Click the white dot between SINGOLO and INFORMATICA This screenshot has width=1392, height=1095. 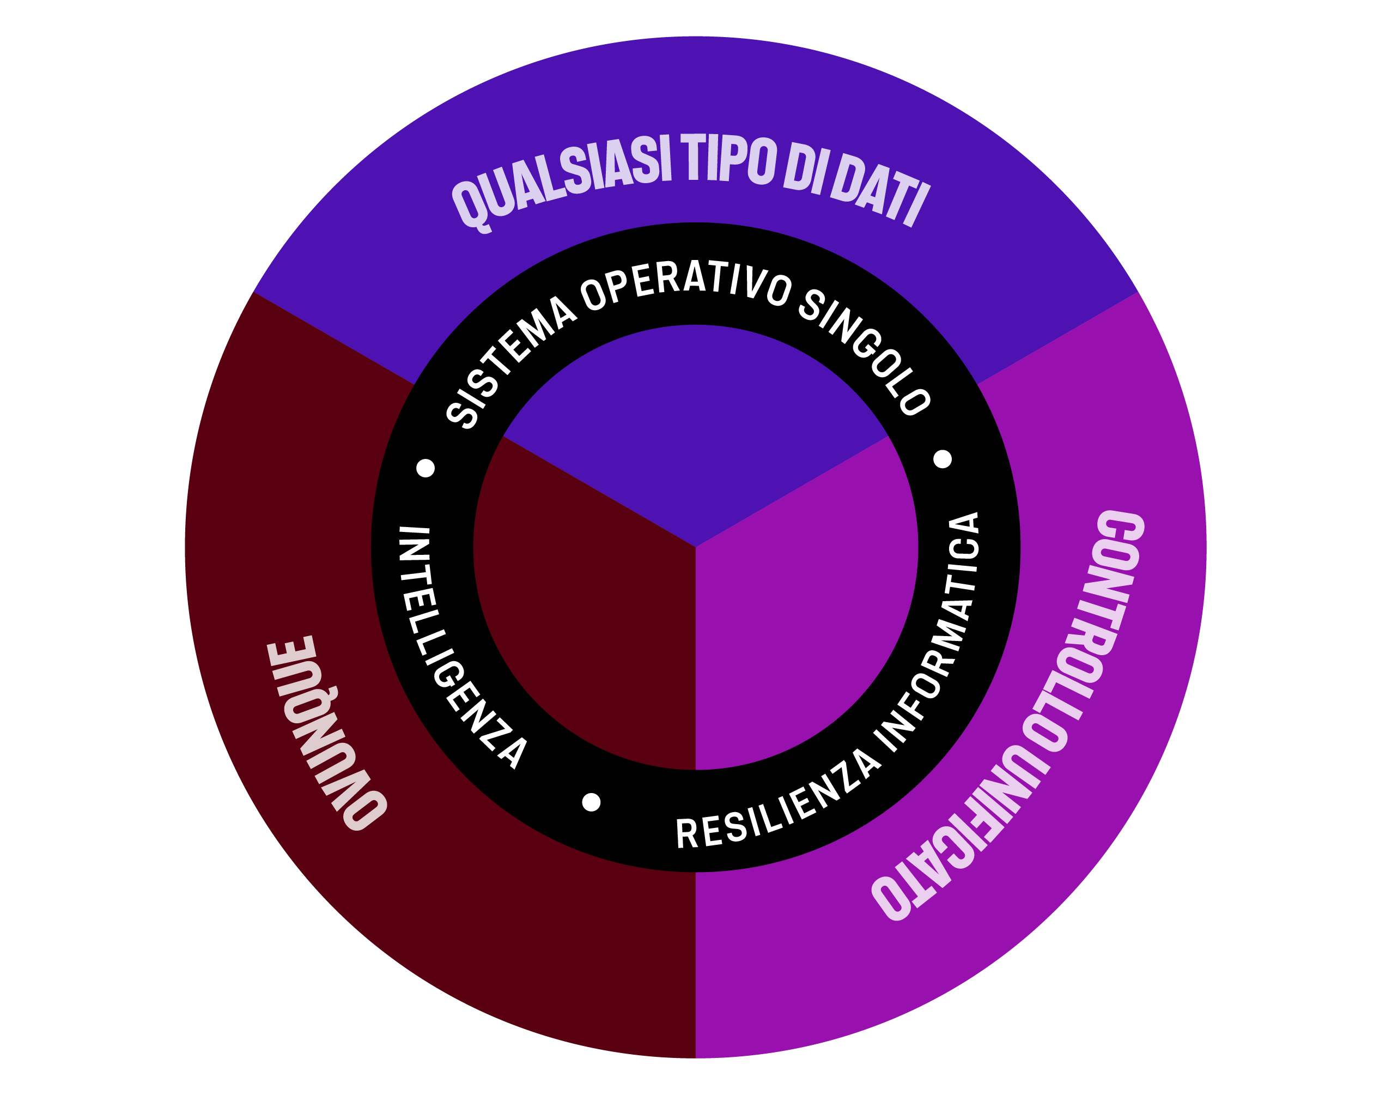pos(942,459)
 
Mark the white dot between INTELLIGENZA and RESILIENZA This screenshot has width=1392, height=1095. pos(591,802)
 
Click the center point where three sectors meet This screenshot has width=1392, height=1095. pos(695,547)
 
